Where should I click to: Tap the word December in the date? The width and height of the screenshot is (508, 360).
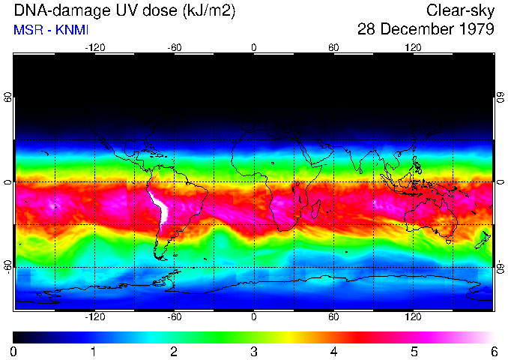pyautogui.click(x=416, y=30)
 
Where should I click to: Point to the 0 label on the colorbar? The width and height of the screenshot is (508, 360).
pyautogui.click(x=14, y=351)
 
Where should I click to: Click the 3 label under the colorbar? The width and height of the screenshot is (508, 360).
pyautogui.click(x=254, y=351)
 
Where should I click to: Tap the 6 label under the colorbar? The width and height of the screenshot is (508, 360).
pyautogui.click(x=494, y=351)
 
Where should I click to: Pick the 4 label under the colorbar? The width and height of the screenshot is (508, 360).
pyautogui.click(x=334, y=351)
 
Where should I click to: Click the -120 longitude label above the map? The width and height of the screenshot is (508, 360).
pyautogui.click(x=94, y=47)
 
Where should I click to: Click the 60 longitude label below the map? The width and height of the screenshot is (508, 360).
pyautogui.click(x=333, y=316)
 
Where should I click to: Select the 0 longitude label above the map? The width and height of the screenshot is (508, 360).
pyautogui.click(x=254, y=47)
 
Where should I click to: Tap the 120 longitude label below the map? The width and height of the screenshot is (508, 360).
pyautogui.click(x=414, y=316)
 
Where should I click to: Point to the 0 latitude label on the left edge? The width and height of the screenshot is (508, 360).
pyautogui.click(x=7, y=182)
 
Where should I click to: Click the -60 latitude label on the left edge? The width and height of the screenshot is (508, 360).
pyautogui.click(x=7, y=266)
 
